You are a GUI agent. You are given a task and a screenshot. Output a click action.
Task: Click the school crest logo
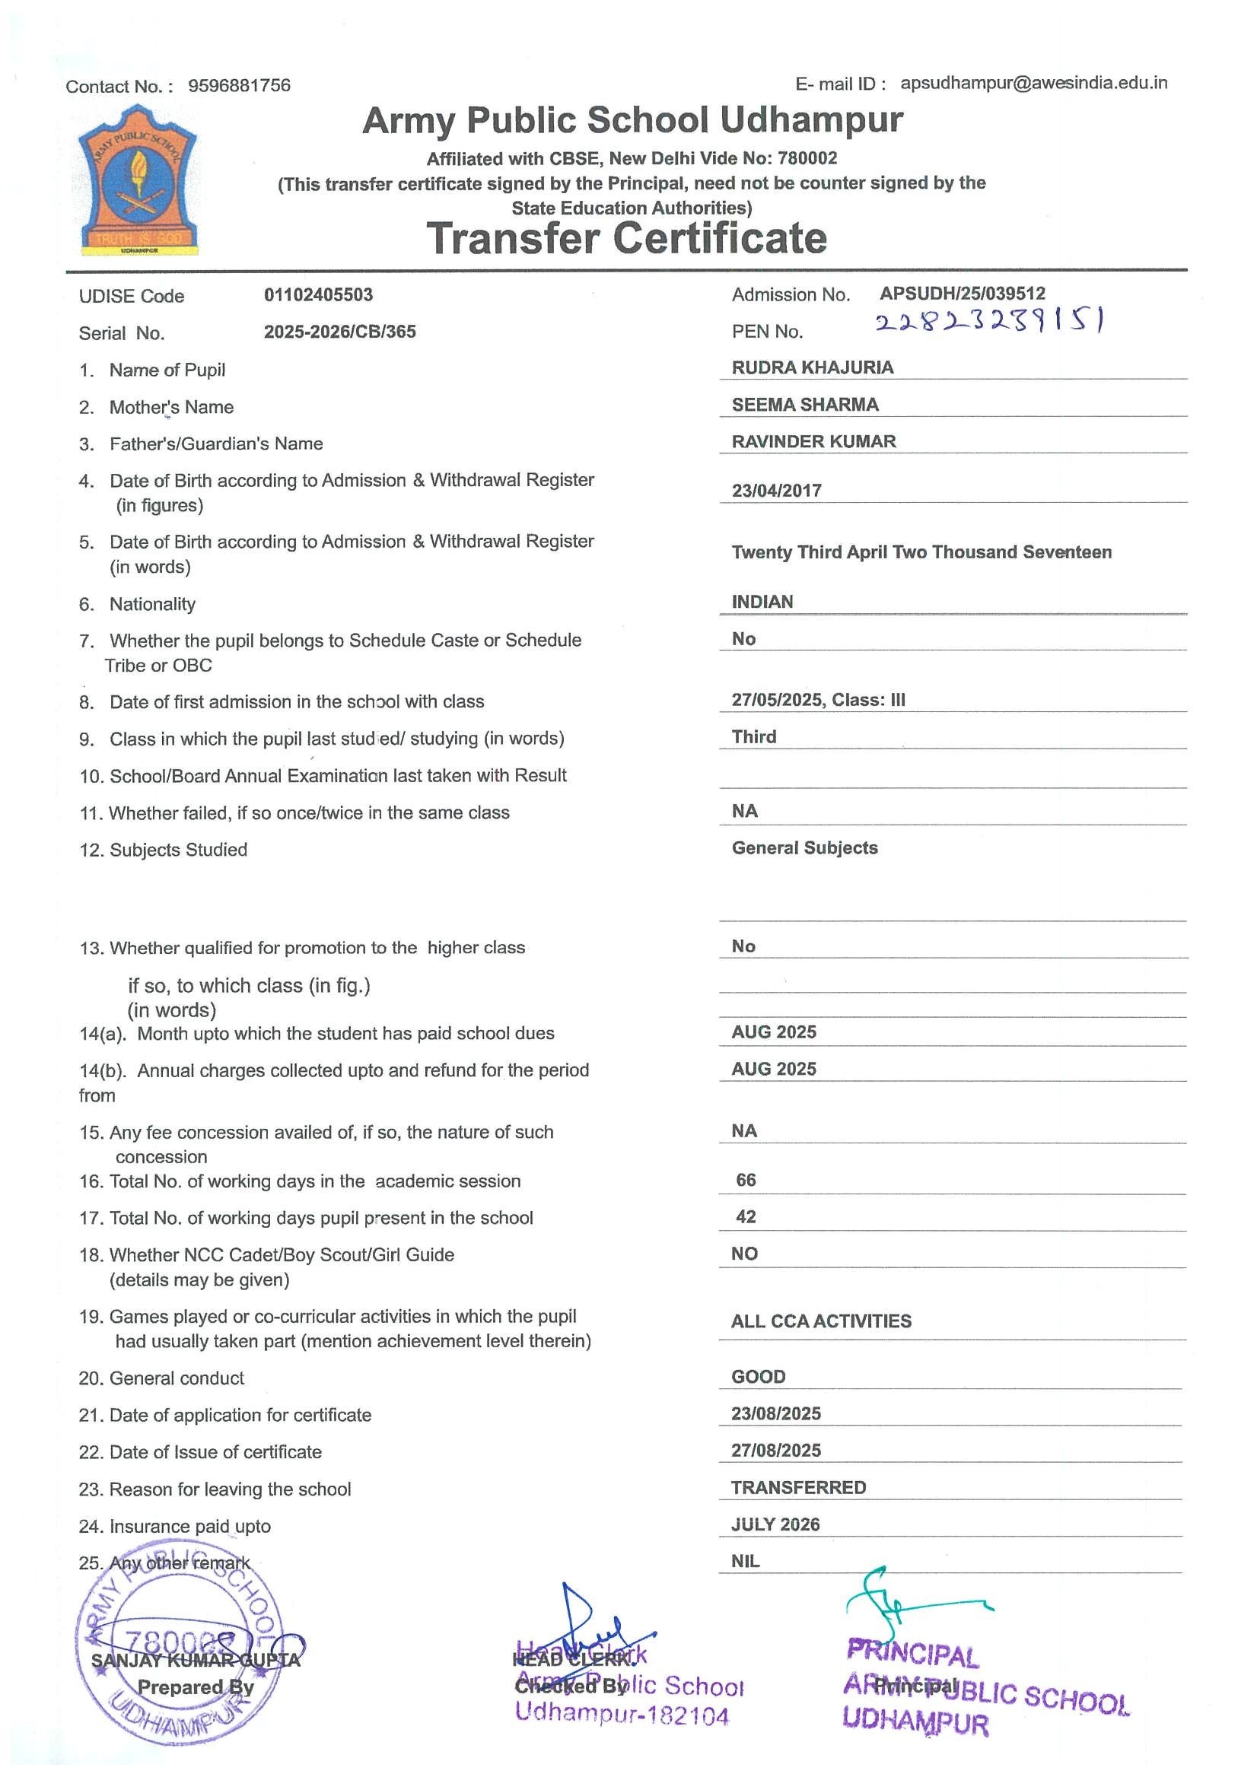click(x=138, y=181)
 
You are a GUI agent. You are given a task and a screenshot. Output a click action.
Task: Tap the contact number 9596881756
click(x=239, y=85)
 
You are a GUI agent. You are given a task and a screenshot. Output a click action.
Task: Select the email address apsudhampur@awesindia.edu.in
click(x=1033, y=83)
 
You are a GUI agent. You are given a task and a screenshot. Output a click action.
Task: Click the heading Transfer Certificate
click(x=626, y=238)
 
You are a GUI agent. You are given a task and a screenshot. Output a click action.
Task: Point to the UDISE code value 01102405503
click(x=318, y=295)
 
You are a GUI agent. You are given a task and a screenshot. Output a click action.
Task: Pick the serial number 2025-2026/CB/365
click(x=340, y=332)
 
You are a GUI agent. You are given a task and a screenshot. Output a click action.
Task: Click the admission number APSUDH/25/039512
click(x=962, y=294)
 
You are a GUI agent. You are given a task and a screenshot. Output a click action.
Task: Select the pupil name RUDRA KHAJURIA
click(x=812, y=367)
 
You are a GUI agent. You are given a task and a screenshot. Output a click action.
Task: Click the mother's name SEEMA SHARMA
click(x=805, y=405)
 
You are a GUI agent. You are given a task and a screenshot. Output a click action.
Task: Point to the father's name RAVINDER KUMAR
click(x=813, y=441)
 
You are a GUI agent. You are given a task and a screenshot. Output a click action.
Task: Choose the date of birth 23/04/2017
click(x=776, y=491)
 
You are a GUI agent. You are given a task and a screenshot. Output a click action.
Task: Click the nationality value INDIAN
click(x=762, y=602)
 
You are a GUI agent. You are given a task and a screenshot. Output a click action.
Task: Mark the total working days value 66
click(x=746, y=1181)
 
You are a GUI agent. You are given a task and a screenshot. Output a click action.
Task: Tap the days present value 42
click(x=746, y=1216)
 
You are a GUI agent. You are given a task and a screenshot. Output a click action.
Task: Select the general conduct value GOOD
click(x=758, y=1377)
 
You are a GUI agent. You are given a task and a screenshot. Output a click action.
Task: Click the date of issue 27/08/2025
click(x=775, y=1451)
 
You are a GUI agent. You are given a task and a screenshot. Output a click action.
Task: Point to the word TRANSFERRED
click(x=798, y=1487)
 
